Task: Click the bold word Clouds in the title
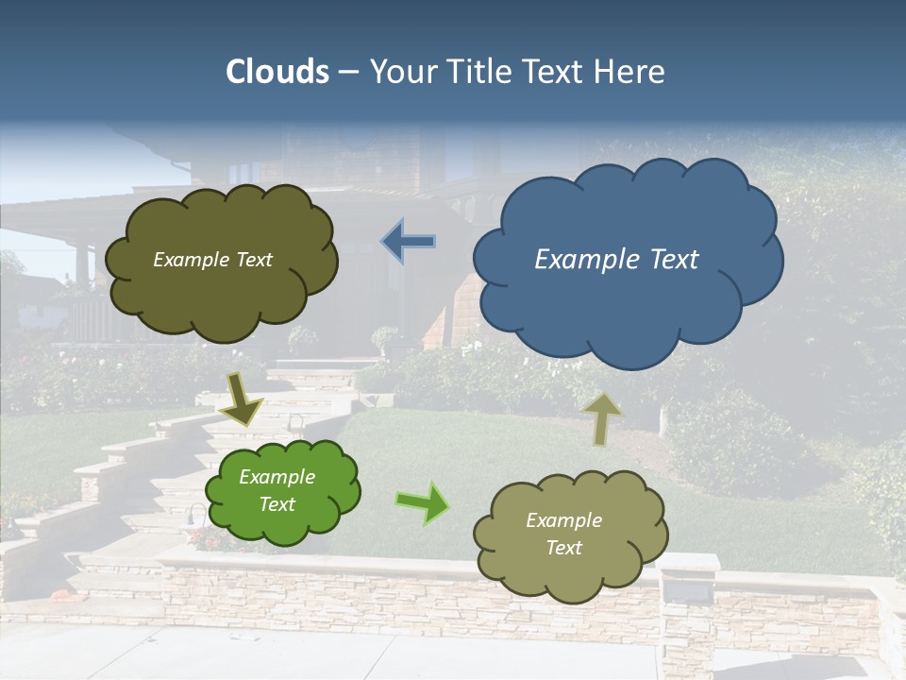[x=277, y=72]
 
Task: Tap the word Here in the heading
[x=629, y=72]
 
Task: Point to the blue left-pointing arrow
[x=409, y=242]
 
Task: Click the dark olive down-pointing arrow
[x=242, y=400]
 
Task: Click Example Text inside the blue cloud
[x=616, y=260]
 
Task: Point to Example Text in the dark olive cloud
[x=212, y=260]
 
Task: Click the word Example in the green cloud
[x=277, y=478]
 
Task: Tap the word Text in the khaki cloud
[x=563, y=548]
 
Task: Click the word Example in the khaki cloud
[x=563, y=520]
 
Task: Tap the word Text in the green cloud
[x=277, y=504]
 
